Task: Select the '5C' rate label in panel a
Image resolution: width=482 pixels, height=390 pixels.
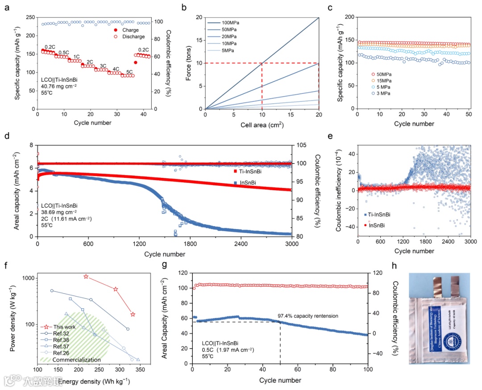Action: pos(129,71)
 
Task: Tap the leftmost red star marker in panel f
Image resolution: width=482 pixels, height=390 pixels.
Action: pos(86,277)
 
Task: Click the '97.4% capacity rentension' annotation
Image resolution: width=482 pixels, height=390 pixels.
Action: pos(308,316)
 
